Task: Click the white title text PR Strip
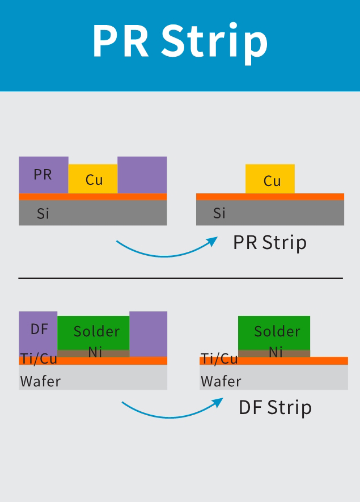click(180, 42)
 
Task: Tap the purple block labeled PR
click(44, 175)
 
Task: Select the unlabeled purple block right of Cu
click(142, 175)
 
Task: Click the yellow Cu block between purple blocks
click(93, 179)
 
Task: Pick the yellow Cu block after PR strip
click(270, 179)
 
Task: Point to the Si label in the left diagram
click(43, 213)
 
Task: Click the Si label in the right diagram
click(219, 213)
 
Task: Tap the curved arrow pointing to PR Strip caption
click(166, 256)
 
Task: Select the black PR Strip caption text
click(270, 242)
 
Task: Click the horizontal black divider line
click(180, 279)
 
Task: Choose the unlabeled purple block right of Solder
click(148, 334)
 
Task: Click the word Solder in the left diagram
click(96, 331)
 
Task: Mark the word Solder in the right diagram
click(277, 331)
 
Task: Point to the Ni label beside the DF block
click(95, 352)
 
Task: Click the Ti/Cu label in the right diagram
click(219, 359)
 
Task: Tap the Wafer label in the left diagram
click(40, 382)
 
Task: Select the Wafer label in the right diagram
click(221, 382)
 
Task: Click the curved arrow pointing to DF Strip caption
click(172, 417)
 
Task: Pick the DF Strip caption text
click(275, 407)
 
